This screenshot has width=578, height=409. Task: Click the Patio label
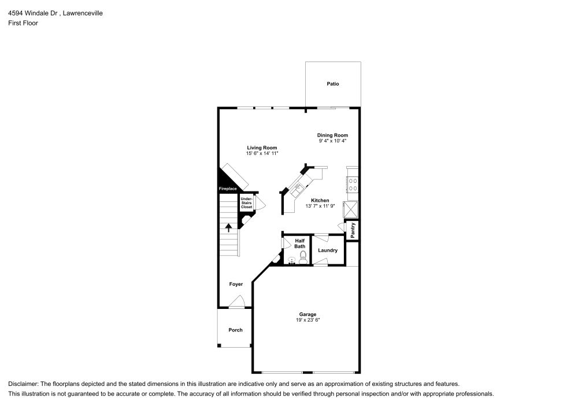(x=332, y=84)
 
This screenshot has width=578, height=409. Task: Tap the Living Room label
(x=262, y=148)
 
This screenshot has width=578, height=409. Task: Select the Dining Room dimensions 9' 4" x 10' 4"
(x=332, y=141)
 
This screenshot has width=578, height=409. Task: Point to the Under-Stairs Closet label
(x=247, y=202)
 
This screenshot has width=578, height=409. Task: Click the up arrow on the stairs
(x=229, y=227)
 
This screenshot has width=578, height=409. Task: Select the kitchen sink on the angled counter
(x=299, y=187)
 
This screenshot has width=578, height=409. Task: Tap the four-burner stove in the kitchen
(x=352, y=185)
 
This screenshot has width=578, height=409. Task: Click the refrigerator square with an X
(x=351, y=209)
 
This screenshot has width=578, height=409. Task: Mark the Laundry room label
(x=328, y=250)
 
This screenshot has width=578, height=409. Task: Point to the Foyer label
(x=235, y=284)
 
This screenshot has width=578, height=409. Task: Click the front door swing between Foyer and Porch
(x=237, y=302)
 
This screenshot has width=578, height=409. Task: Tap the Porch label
(x=235, y=330)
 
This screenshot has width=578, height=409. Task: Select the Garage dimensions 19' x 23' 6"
(x=307, y=320)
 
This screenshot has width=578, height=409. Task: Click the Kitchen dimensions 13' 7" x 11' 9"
(x=321, y=206)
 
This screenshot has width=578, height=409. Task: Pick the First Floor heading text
(x=23, y=23)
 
